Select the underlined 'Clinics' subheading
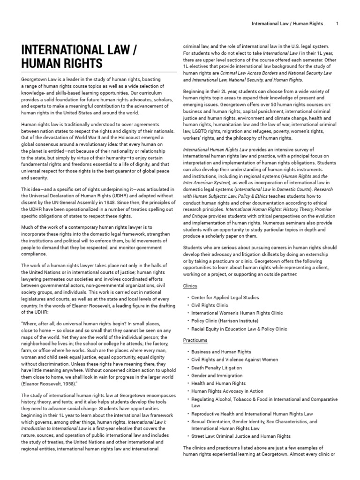190,285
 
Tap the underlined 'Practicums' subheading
195,340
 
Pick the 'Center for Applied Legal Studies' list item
225,297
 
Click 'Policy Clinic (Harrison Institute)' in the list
225,321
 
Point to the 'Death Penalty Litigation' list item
217,367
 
